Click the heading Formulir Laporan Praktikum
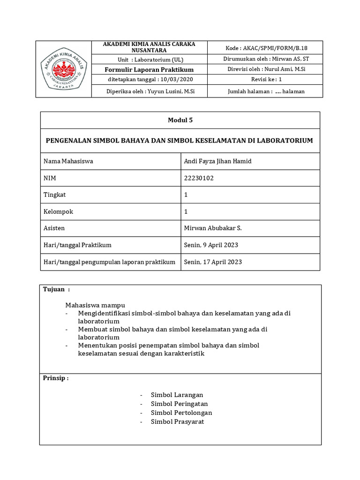click(149, 69)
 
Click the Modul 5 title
click(180, 120)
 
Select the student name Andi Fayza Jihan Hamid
click(218, 161)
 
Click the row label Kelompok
click(58, 211)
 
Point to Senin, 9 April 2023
click(211, 245)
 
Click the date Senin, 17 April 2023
click(213, 262)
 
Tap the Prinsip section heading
click(56, 378)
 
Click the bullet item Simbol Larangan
click(177, 395)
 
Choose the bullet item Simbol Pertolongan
click(181, 413)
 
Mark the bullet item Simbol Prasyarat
click(177, 422)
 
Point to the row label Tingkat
click(55, 195)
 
